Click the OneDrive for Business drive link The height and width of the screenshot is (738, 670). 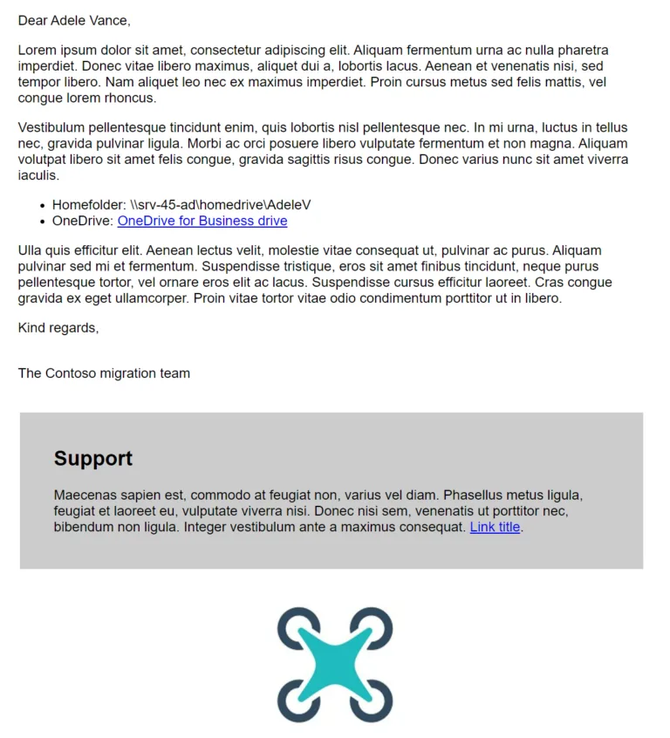(x=202, y=221)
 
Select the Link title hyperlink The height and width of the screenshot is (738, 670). (x=495, y=527)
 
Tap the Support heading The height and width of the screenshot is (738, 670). (x=93, y=458)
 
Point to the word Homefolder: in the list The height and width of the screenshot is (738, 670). (x=89, y=204)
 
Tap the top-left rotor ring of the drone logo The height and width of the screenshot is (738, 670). (x=292, y=622)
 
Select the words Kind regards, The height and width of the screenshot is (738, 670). (x=58, y=328)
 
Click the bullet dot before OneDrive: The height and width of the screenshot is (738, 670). (x=43, y=222)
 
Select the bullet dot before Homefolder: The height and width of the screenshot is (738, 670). (x=43, y=205)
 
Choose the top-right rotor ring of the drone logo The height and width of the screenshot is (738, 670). (x=377, y=622)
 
